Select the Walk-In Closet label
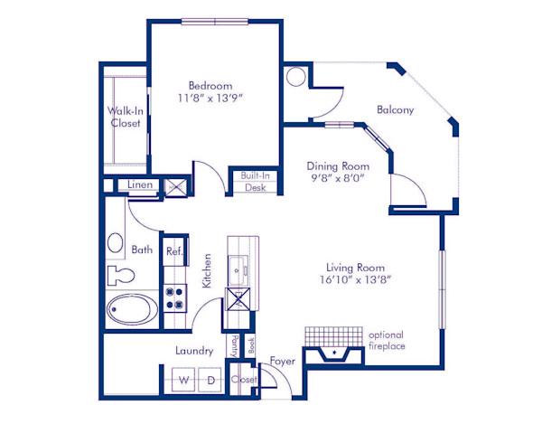coord(125,118)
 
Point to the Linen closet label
coord(139,185)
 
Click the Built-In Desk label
coord(255,182)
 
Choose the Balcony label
coord(395,110)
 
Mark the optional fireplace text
coord(387,340)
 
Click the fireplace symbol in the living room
coord(335,353)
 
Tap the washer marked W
coord(182,381)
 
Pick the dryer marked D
coord(210,381)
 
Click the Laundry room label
coord(194,351)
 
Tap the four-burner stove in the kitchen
coord(174,297)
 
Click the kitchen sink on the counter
coord(241,269)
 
